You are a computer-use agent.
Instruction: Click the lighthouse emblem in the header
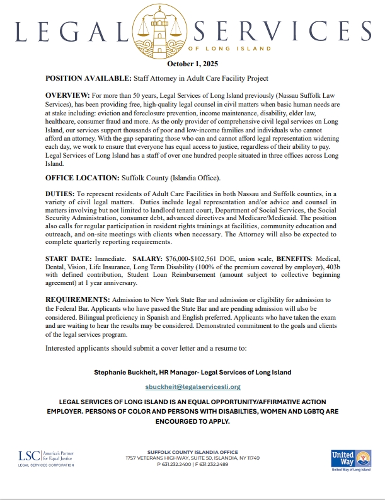[x=192, y=27]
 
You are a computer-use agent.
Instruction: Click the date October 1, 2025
[x=192, y=64]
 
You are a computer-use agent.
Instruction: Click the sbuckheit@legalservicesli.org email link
[x=193, y=387]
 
